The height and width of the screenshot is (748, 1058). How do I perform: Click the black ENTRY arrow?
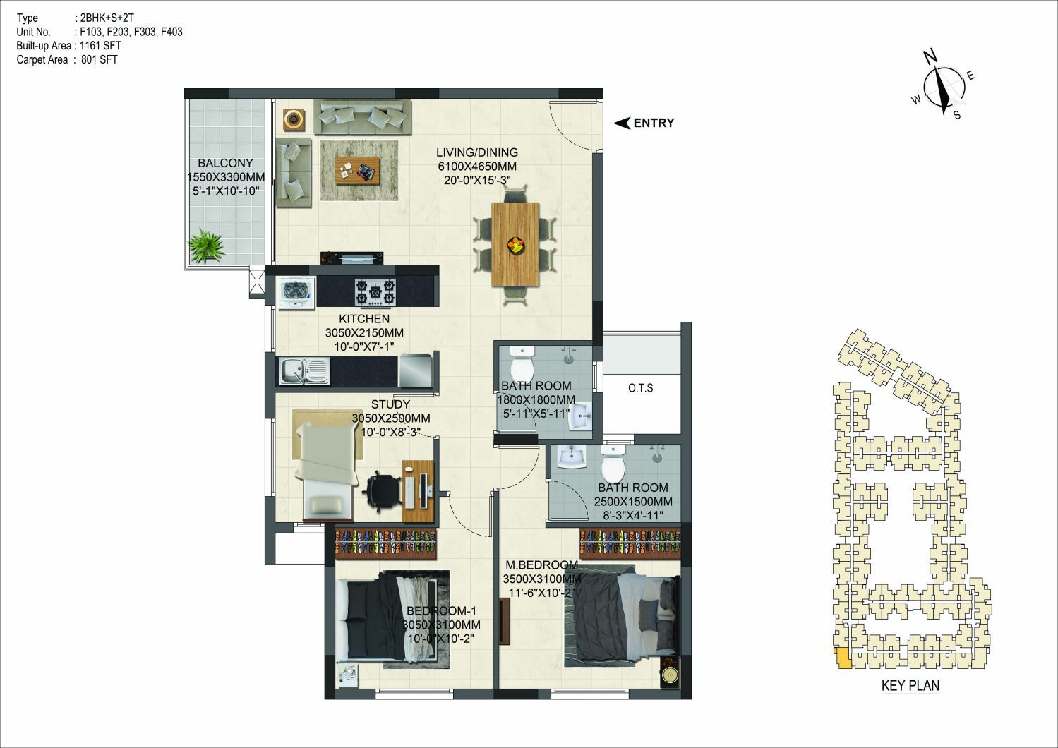click(622, 123)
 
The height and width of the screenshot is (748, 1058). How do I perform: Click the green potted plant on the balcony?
click(206, 245)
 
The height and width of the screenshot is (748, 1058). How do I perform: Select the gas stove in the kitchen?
click(375, 293)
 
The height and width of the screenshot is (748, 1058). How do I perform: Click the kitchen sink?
click(305, 371)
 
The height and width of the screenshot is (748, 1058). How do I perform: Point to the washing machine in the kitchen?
click(296, 293)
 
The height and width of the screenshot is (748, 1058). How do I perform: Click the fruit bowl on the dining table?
click(515, 245)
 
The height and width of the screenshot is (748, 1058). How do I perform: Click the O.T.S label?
click(640, 388)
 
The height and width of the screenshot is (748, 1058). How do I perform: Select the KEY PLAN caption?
click(910, 686)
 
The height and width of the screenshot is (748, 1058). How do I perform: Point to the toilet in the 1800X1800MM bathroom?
click(522, 363)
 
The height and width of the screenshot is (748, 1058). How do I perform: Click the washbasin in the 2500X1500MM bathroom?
click(572, 457)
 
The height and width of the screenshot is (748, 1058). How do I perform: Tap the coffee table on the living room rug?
click(358, 171)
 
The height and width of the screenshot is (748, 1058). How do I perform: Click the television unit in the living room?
click(352, 258)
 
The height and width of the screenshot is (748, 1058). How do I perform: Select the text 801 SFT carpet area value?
click(100, 60)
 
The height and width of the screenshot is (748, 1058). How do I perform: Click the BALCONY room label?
click(225, 163)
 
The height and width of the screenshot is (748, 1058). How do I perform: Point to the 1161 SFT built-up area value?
click(100, 46)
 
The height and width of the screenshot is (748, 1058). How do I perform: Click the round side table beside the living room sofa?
click(294, 119)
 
